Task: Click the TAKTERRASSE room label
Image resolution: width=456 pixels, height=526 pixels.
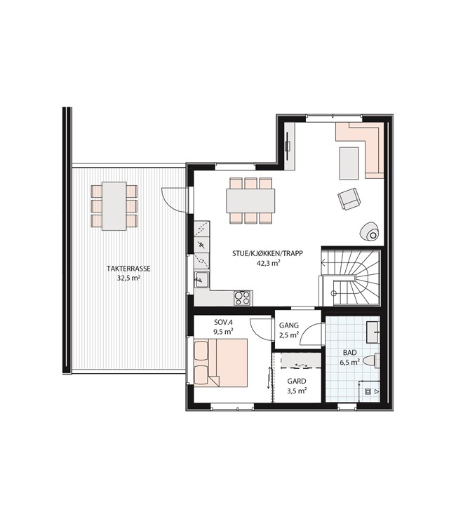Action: click(x=128, y=269)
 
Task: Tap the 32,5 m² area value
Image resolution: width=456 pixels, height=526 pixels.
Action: click(x=128, y=278)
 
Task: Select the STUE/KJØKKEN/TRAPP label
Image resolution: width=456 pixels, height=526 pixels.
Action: click(x=267, y=254)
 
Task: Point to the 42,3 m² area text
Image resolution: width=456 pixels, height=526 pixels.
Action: click(x=269, y=263)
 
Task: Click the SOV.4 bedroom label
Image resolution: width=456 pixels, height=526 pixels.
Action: click(x=224, y=323)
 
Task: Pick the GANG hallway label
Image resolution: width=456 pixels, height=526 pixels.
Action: click(x=289, y=325)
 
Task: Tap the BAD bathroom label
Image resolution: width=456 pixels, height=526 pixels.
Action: click(x=349, y=353)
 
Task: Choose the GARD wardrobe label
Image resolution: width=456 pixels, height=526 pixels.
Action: click(x=297, y=382)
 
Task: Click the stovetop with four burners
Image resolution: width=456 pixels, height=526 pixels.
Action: click(x=242, y=298)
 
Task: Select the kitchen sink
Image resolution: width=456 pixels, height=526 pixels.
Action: click(x=201, y=279)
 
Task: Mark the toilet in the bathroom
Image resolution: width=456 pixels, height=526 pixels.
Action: click(x=372, y=360)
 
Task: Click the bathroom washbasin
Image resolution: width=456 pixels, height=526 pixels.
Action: click(x=373, y=332)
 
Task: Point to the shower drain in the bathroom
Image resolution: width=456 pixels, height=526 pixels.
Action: click(x=368, y=391)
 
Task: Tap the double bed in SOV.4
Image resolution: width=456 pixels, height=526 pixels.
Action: click(x=221, y=363)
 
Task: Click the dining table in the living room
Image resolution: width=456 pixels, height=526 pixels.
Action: click(x=250, y=201)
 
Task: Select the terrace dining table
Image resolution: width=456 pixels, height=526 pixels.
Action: click(x=114, y=206)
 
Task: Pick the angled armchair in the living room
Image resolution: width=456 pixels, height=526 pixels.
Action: click(x=349, y=198)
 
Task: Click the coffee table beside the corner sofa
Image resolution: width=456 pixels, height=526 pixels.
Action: click(x=349, y=163)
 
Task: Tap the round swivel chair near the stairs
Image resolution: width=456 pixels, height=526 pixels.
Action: click(x=370, y=232)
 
